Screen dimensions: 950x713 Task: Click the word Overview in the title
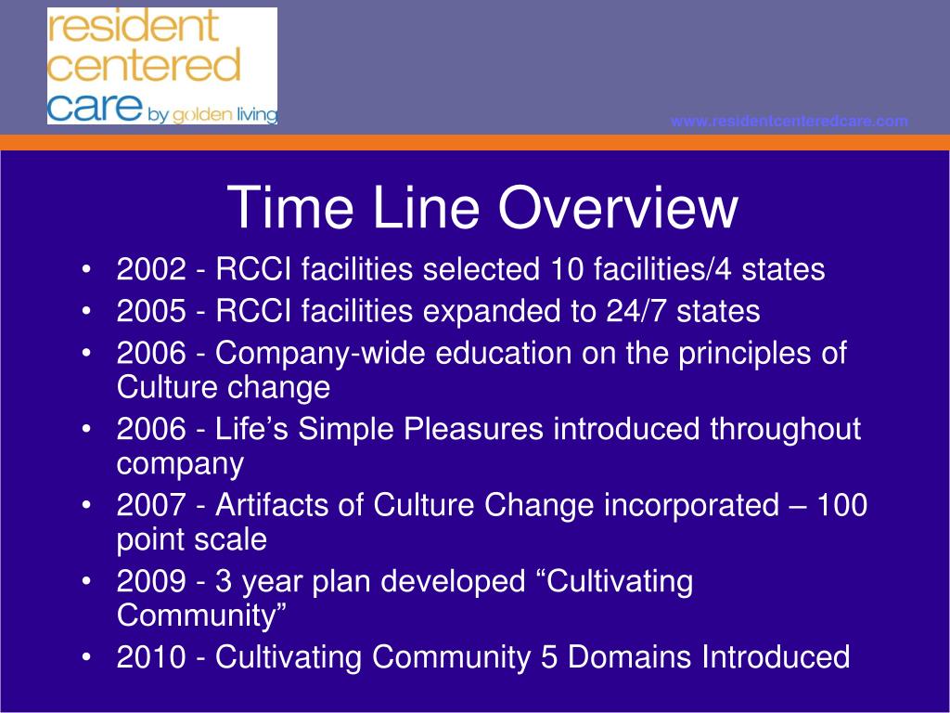pyautogui.click(x=618, y=207)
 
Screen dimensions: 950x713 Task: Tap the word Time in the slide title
pyautogui.click(x=289, y=207)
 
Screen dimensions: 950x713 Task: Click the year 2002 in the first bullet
pyautogui.click(x=151, y=269)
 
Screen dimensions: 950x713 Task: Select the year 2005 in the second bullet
pyautogui.click(x=151, y=311)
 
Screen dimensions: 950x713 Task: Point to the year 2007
pyautogui.click(x=151, y=505)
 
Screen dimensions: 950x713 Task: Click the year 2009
pyautogui.click(x=151, y=581)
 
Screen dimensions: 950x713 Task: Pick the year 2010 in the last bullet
pyautogui.click(x=151, y=657)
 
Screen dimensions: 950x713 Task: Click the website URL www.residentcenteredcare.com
pyautogui.click(x=790, y=122)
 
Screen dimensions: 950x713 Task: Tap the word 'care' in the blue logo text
pyautogui.click(x=95, y=107)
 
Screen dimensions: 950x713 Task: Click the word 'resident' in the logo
pyautogui.click(x=132, y=27)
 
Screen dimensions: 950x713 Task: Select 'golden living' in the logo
pyautogui.click(x=225, y=114)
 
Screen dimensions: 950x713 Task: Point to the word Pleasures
pyautogui.click(x=473, y=429)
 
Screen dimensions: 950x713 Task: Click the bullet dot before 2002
pyautogui.click(x=86, y=268)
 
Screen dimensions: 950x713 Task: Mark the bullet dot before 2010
pyautogui.click(x=86, y=656)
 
